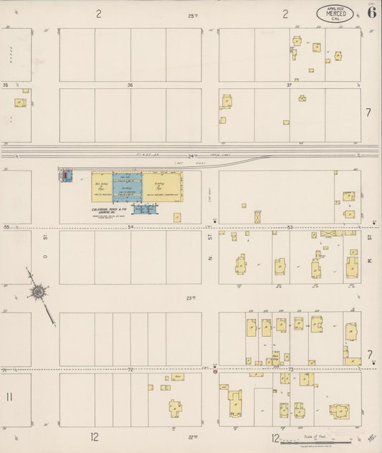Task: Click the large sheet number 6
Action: [371, 11]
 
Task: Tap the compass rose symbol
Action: [38, 292]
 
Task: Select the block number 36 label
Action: [130, 85]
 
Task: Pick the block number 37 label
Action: [289, 85]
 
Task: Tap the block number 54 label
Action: [130, 227]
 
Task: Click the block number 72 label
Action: [130, 370]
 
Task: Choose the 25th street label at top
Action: [192, 15]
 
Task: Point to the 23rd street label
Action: [191, 297]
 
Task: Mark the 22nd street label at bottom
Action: [192, 436]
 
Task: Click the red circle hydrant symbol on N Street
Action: [214, 372]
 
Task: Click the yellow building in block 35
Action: [19, 102]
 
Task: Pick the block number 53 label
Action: [290, 227]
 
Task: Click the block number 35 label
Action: [6, 85]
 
